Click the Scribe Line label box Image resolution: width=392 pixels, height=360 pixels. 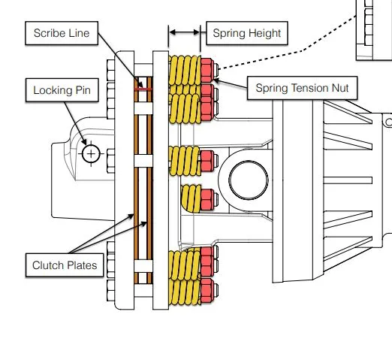[x=62, y=33]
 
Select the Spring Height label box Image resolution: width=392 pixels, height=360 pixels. [x=247, y=33]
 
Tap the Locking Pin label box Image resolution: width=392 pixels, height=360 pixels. [x=62, y=90]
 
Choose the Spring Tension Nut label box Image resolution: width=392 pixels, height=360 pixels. [x=302, y=88]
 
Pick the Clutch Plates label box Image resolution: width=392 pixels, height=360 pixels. [x=65, y=265]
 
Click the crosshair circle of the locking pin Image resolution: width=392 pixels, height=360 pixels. [x=91, y=154]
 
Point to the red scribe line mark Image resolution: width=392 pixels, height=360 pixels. [x=143, y=89]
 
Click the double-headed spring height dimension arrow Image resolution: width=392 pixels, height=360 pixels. [x=185, y=32]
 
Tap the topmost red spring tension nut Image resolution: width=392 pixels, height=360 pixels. [x=207, y=70]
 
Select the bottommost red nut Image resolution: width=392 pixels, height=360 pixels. [x=207, y=290]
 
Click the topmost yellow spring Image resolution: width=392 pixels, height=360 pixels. [x=185, y=71]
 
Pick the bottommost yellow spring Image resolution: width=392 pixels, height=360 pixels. [x=185, y=291]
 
